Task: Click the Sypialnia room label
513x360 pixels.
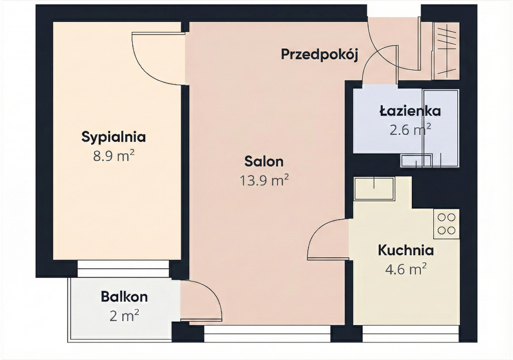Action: (114, 137)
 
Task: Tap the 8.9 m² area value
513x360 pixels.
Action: (114, 156)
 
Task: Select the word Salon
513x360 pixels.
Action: (264, 161)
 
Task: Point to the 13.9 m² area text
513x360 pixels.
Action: (265, 180)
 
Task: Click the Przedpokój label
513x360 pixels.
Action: (320, 54)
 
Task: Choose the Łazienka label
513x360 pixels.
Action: (410, 111)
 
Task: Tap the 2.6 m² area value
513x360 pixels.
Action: (410, 130)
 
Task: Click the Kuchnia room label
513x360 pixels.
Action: (406, 250)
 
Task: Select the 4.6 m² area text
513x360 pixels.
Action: (406, 269)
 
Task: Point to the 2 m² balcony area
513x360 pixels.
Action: (124, 315)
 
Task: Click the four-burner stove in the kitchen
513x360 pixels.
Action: (446, 224)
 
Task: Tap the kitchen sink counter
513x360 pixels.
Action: (374, 189)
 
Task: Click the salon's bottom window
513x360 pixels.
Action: (268, 333)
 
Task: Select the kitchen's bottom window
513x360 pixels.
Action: (411, 333)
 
